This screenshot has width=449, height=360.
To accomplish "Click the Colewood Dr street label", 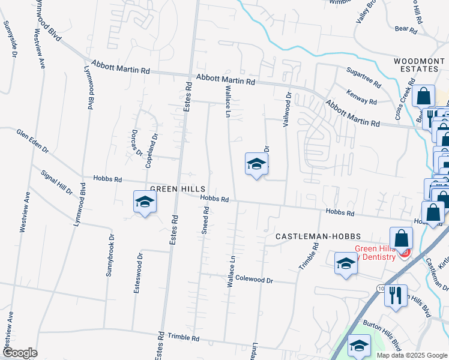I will pos(254,280).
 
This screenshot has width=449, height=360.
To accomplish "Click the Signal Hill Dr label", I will pos(56,182).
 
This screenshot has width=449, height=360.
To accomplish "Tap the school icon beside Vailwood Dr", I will pos(256,164).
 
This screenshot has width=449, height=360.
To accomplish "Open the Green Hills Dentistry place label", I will pos(375,253).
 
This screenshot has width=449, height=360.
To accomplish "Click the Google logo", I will pos(20,353).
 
